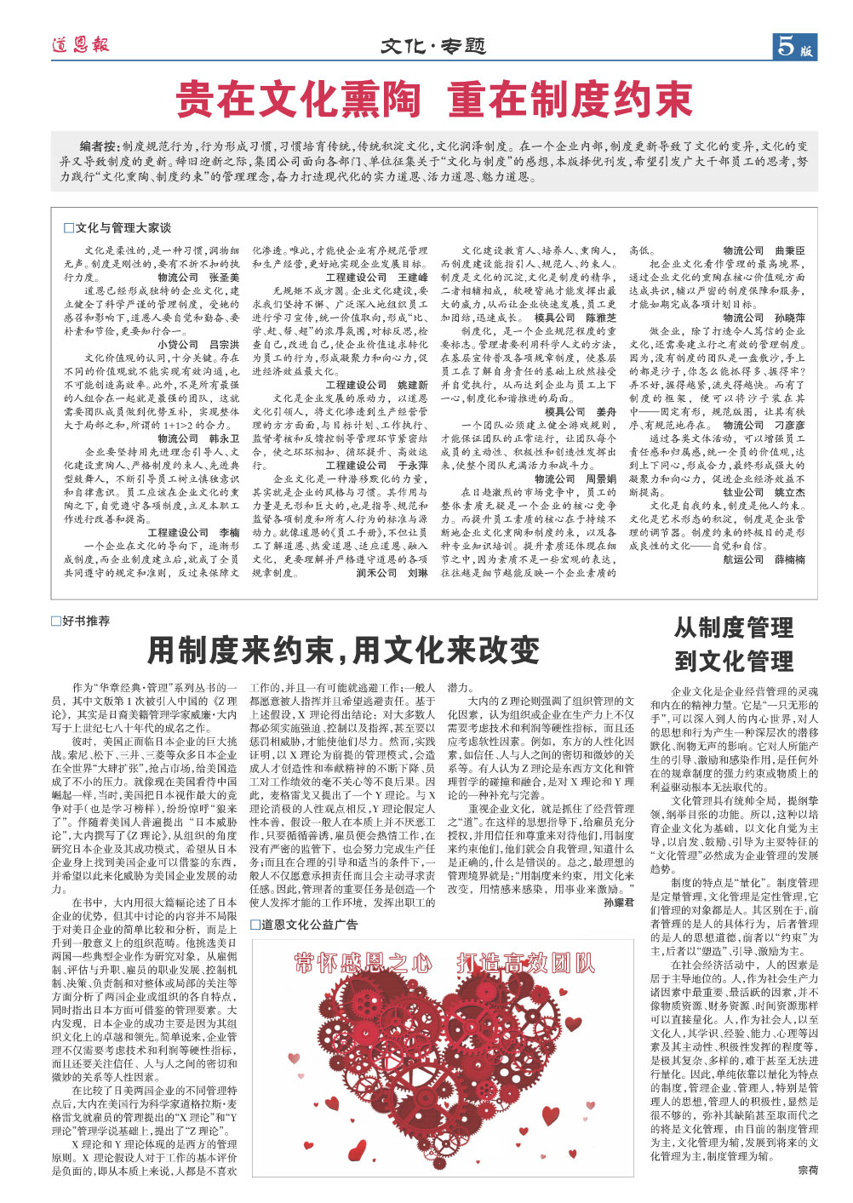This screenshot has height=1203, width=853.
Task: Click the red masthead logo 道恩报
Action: tap(80, 45)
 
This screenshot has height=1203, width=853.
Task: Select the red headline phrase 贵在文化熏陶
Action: tap(298, 100)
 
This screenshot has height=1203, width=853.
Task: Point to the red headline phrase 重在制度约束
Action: tap(570, 100)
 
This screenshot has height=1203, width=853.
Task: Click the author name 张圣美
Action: tap(224, 278)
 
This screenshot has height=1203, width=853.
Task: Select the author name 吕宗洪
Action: tap(224, 345)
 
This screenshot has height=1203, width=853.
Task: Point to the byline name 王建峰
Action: tap(413, 278)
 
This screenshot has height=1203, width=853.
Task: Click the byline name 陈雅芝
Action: tap(601, 318)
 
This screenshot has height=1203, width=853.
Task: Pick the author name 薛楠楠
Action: tap(789, 559)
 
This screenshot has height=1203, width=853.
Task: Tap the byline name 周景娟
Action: tap(601, 479)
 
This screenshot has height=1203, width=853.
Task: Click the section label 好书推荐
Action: tap(86, 622)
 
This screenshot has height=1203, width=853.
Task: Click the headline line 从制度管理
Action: tap(734, 628)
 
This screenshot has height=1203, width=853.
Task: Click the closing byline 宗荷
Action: tap(808, 1171)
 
